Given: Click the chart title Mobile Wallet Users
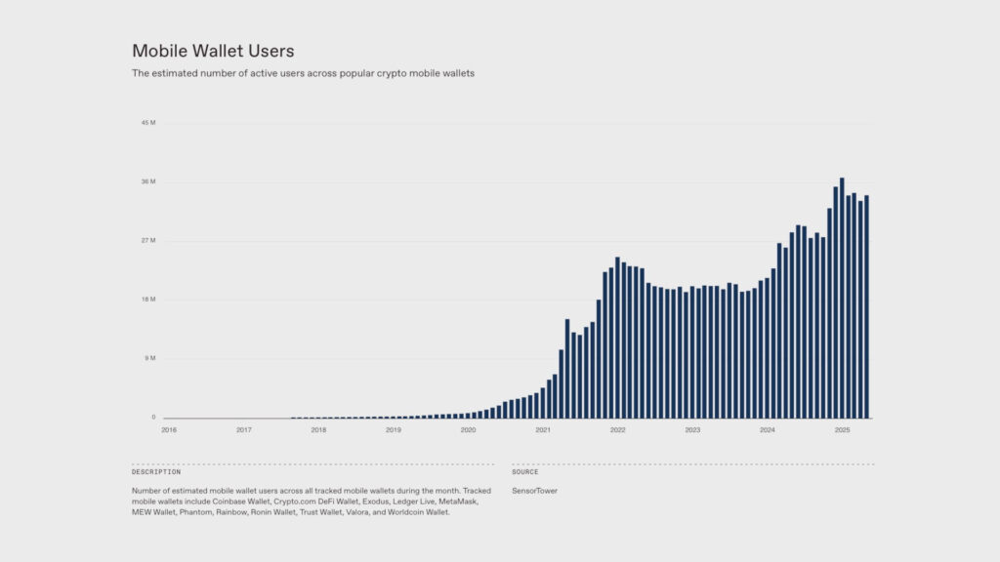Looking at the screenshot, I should (213, 50).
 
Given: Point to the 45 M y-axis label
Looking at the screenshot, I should (148, 123).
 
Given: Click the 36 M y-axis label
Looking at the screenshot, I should (148, 182).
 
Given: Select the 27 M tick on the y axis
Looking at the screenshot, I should (148, 241).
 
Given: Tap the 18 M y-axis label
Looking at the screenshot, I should (148, 300).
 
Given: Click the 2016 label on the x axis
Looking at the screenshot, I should (169, 429).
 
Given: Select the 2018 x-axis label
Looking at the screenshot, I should (318, 429).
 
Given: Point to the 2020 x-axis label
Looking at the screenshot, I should (468, 429).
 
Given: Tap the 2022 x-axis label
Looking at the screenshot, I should (617, 429).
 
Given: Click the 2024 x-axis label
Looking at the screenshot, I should (768, 429).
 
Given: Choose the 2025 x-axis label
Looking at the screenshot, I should (842, 429).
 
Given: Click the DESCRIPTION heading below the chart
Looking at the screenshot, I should (156, 472).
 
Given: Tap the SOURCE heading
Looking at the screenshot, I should (524, 472).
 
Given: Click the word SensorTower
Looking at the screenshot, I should (535, 490).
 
